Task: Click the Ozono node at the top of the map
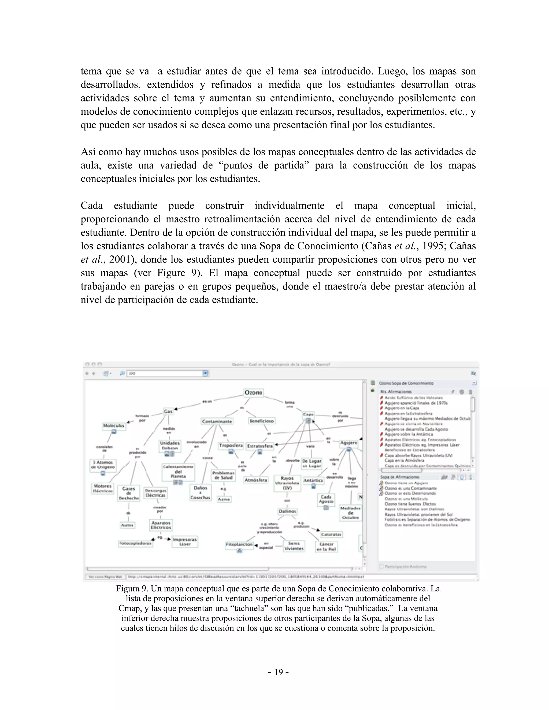click(253, 393)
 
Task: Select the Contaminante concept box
click(217, 421)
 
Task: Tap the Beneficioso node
click(261, 421)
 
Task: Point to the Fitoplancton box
click(239, 544)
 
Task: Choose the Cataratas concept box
click(331, 535)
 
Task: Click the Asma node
click(224, 499)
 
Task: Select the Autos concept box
click(127, 525)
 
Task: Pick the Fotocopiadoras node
click(135, 543)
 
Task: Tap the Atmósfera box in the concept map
click(256, 480)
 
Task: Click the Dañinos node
click(288, 511)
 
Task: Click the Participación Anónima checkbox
click(381, 566)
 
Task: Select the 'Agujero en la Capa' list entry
click(402, 408)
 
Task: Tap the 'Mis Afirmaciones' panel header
click(396, 392)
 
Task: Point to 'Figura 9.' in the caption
click(132, 588)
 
